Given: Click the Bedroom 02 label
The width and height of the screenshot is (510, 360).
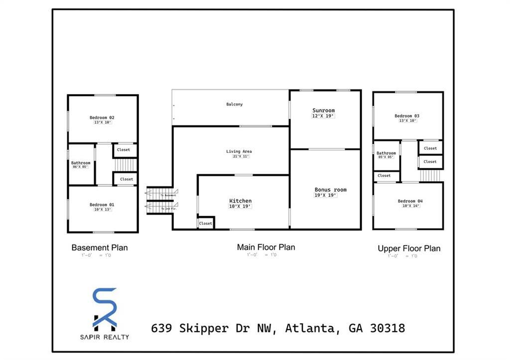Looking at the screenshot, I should [x=102, y=118].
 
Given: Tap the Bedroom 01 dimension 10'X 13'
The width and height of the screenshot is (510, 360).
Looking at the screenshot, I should [x=102, y=210].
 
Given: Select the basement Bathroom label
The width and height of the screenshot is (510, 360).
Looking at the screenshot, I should [x=81, y=163].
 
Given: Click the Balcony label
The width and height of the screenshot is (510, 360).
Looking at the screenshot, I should [x=235, y=104].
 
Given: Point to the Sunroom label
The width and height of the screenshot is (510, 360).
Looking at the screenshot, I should [x=323, y=110].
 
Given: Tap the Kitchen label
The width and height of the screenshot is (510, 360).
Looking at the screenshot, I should [x=240, y=201].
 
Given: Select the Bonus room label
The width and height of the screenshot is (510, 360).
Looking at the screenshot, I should [x=330, y=190].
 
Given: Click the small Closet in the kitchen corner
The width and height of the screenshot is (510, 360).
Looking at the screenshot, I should [x=205, y=224].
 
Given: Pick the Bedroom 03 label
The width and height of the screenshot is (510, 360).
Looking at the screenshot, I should [x=407, y=116].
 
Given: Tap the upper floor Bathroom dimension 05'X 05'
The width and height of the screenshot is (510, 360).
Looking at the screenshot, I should [x=385, y=157].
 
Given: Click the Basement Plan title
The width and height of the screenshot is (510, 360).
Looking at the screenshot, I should [x=100, y=247].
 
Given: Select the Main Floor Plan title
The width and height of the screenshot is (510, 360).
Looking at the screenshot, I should [x=266, y=247].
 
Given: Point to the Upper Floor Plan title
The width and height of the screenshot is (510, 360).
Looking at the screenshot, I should [x=409, y=248].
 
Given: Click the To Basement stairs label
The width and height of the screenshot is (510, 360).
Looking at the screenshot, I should [x=168, y=195].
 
